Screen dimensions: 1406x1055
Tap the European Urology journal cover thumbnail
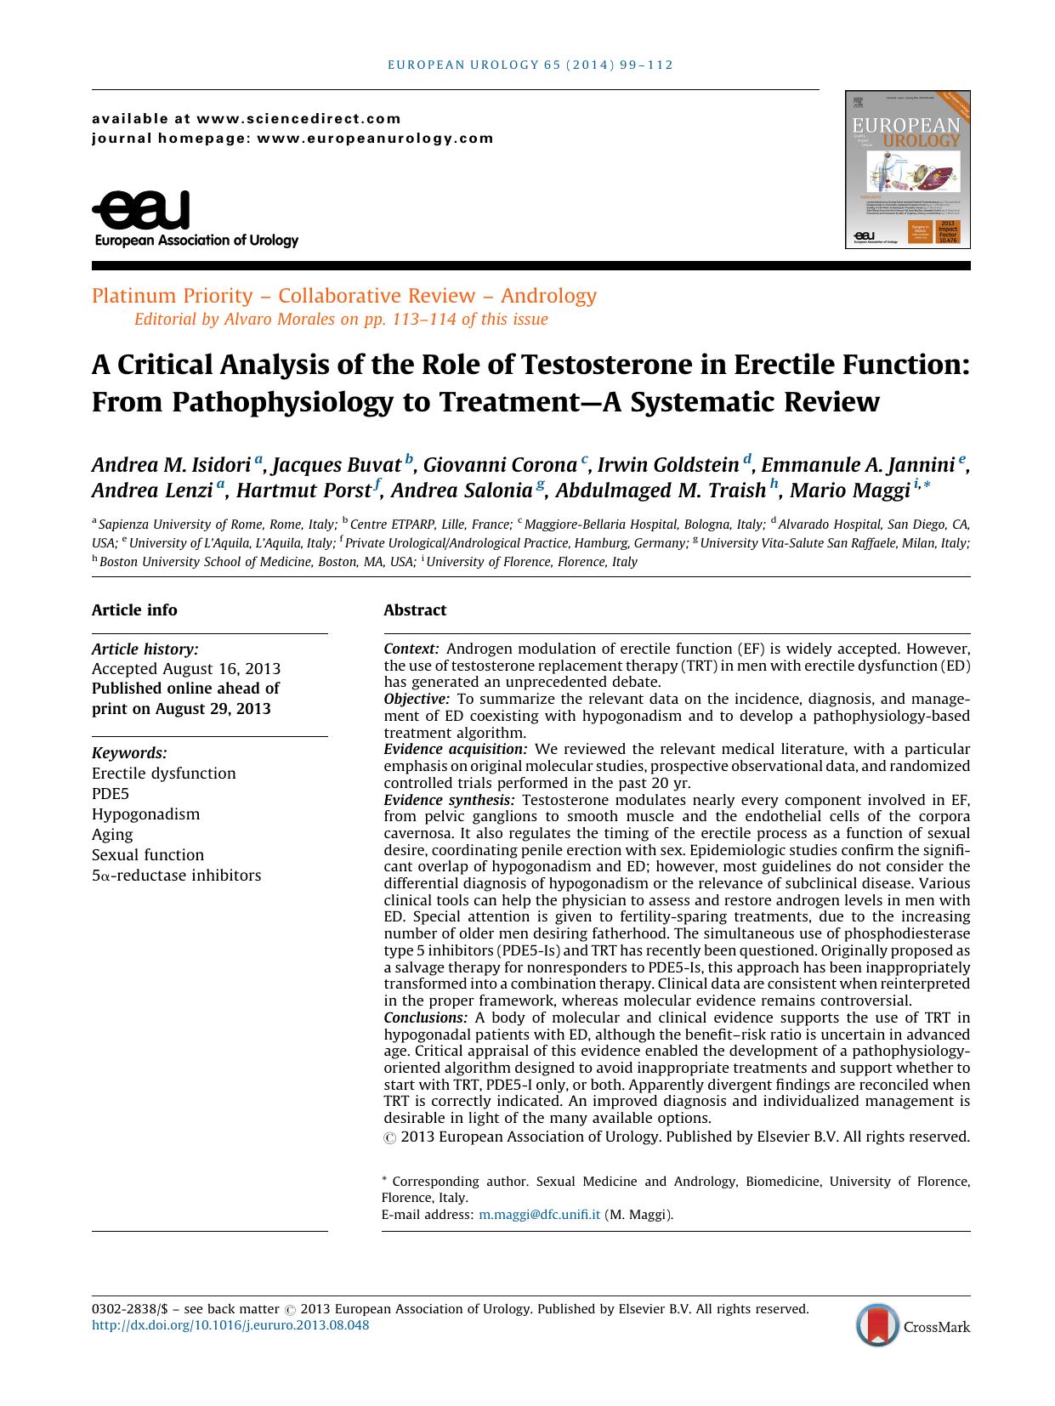[907, 169]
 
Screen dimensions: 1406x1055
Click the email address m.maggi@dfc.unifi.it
[540, 1215]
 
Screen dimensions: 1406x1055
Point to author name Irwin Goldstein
[668, 465]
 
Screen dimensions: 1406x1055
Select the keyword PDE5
[111, 794]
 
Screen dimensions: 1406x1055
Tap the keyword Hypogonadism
[145, 814]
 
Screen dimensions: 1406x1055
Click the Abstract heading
[414, 610]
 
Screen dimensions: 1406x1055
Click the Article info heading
[134, 610]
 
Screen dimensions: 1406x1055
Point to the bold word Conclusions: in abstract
[425, 1018]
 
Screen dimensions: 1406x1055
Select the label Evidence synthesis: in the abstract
[449, 800]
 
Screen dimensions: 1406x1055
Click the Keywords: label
[129, 753]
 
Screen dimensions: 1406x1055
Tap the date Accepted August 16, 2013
[185, 669]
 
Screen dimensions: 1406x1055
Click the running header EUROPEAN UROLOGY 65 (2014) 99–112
[530, 65]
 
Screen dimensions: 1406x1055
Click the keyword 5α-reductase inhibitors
[176, 876]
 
